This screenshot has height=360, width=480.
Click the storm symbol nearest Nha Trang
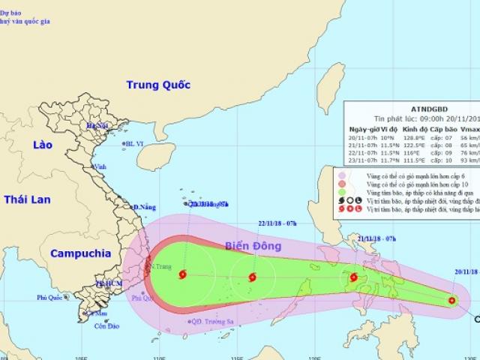pos(182,275)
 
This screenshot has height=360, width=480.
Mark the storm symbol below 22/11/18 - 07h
pos(251,277)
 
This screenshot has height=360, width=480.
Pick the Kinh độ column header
pos(404,129)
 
